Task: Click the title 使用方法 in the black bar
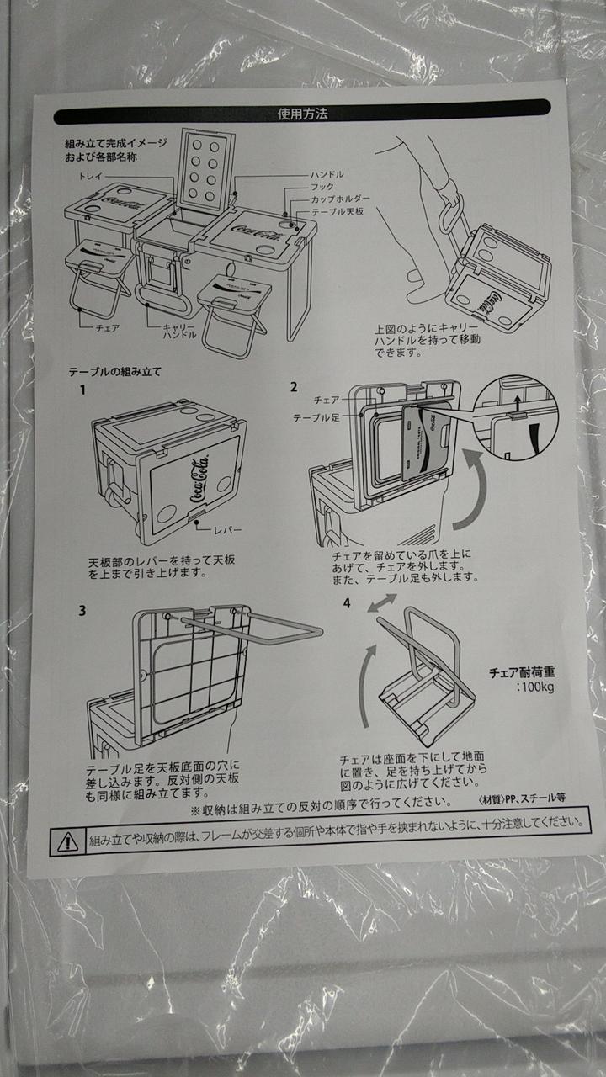pos(302,114)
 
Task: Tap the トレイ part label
pos(91,177)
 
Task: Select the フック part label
pos(322,187)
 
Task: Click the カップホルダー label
pos(341,199)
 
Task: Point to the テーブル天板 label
pos(338,211)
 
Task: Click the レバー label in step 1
pos(228,530)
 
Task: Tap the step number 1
pos(82,390)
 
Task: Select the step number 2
pos(294,387)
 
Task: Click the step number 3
pos(82,611)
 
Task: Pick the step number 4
pos(347,603)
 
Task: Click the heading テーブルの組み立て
pos(114,372)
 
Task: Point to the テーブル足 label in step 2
pos(316,418)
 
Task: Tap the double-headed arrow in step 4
pos(382,603)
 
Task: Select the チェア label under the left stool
pos(107,328)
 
